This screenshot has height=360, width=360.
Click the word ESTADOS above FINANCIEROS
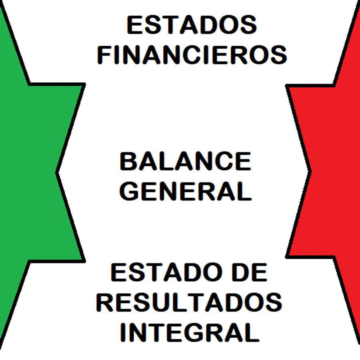pyautogui.click(x=192, y=25)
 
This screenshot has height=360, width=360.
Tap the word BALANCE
pyautogui.click(x=185, y=162)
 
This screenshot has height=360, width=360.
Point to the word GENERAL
pyautogui.click(x=186, y=191)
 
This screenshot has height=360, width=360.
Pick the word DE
pyautogui.click(x=251, y=273)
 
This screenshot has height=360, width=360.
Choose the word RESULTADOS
pyautogui.click(x=189, y=302)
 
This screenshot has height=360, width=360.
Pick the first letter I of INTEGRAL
pyautogui.click(x=124, y=332)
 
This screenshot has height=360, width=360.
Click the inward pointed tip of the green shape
pyautogui.click(x=57, y=172)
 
